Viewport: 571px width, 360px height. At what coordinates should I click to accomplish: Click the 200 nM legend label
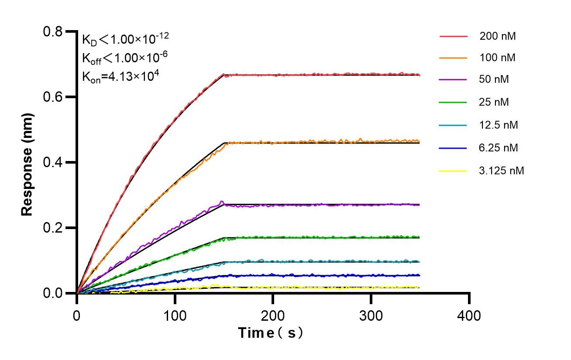click(x=497, y=36)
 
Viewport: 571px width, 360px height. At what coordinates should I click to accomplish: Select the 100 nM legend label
click(x=497, y=58)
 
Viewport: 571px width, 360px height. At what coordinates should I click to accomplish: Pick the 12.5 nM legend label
click(x=499, y=125)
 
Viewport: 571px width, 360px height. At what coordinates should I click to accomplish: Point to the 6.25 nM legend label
click(x=499, y=148)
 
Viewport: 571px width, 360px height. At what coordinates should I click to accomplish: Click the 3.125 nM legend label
click(x=501, y=171)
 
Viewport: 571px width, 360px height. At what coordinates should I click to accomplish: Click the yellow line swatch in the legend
click(x=453, y=171)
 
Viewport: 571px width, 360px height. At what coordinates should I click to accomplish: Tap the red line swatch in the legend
click(x=453, y=36)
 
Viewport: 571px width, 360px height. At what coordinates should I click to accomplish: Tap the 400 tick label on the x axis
click(x=469, y=315)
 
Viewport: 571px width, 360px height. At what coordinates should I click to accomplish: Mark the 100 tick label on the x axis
click(x=175, y=315)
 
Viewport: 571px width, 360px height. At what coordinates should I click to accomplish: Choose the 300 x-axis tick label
click(x=371, y=315)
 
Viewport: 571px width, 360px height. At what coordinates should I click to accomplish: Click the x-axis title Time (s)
click(x=271, y=333)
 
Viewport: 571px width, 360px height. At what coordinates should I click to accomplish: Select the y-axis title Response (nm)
click(x=27, y=162)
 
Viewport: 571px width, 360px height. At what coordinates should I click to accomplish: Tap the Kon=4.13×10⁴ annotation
click(x=120, y=76)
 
